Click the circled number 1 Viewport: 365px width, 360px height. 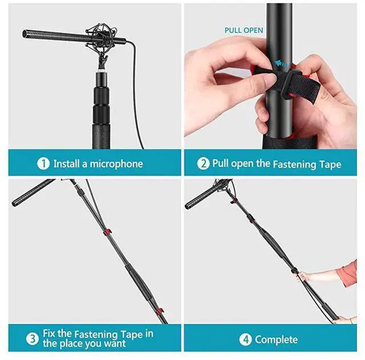44,164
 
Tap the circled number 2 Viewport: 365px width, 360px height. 204,164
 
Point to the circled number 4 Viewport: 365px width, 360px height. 246,339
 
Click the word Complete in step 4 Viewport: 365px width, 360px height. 276,339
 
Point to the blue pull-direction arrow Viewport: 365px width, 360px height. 278,64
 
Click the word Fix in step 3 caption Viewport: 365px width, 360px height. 49,334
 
